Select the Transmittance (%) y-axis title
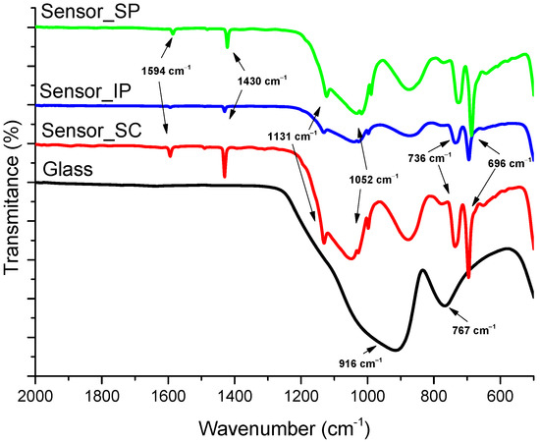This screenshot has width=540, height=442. coord(13,197)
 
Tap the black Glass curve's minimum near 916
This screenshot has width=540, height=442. coord(396,350)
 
